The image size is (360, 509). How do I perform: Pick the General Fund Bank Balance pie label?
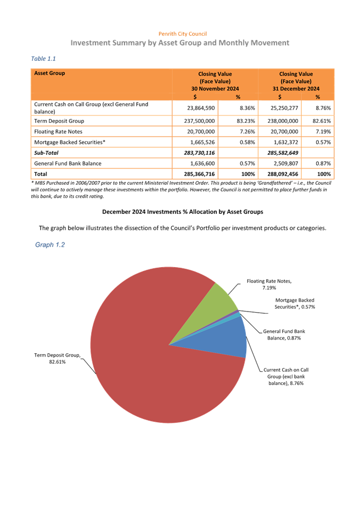(x=284, y=335)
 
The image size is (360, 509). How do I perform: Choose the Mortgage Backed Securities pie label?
(x=294, y=303)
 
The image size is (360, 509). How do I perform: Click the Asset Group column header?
(x=49, y=73)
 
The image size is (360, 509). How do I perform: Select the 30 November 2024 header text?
(x=215, y=88)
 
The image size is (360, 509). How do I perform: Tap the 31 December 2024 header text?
(x=296, y=88)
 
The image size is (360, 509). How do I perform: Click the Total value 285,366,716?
(x=195, y=173)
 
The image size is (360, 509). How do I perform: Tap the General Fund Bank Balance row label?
(x=65, y=163)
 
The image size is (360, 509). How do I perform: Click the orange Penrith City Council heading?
(x=182, y=34)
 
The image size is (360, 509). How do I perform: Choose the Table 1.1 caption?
(x=44, y=58)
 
